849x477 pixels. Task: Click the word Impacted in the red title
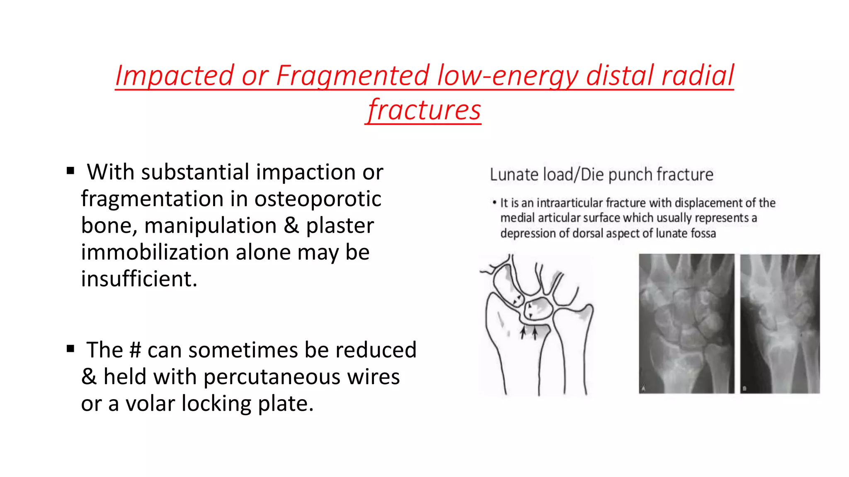[175, 76]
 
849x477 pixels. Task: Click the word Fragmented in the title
[352, 76]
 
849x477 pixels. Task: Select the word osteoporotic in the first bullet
[318, 199]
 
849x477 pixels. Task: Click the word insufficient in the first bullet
[139, 279]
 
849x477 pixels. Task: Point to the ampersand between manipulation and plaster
[291, 226]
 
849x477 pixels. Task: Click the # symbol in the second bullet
[135, 350]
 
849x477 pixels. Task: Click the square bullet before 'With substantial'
[70, 171]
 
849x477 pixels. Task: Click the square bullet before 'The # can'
[70, 349]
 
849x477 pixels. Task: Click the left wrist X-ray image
[686, 324]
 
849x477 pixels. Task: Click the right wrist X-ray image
[780, 324]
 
